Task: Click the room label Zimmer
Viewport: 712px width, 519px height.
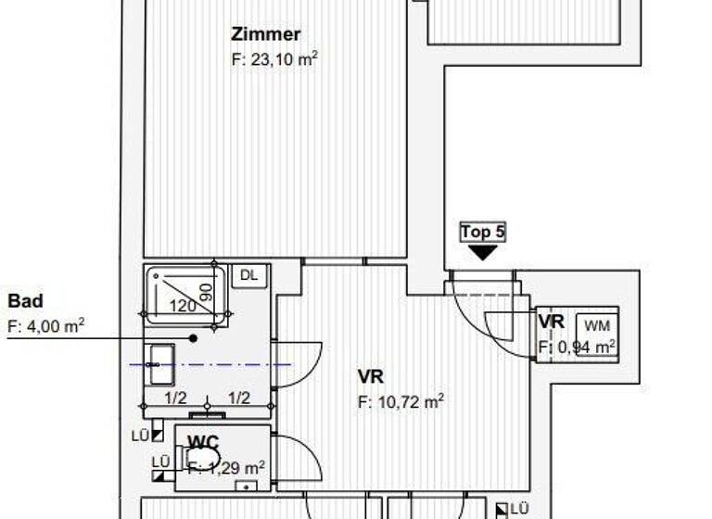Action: tap(266, 35)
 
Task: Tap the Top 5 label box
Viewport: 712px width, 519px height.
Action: tap(483, 231)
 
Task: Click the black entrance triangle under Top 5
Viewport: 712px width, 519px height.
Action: tap(483, 251)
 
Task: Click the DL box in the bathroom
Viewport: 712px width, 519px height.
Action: tap(248, 274)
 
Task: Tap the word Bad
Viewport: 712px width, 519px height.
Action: tap(25, 301)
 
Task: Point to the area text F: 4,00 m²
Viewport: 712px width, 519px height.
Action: tap(45, 325)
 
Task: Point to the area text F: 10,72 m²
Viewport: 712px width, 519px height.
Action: tap(400, 401)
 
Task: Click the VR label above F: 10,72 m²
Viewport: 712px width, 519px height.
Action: tap(370, 376)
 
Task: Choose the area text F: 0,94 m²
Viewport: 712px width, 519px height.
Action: tap(578, 348)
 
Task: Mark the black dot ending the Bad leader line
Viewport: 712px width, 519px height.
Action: tap(194, 337)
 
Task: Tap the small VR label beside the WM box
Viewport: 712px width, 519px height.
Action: tap(552, 321)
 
